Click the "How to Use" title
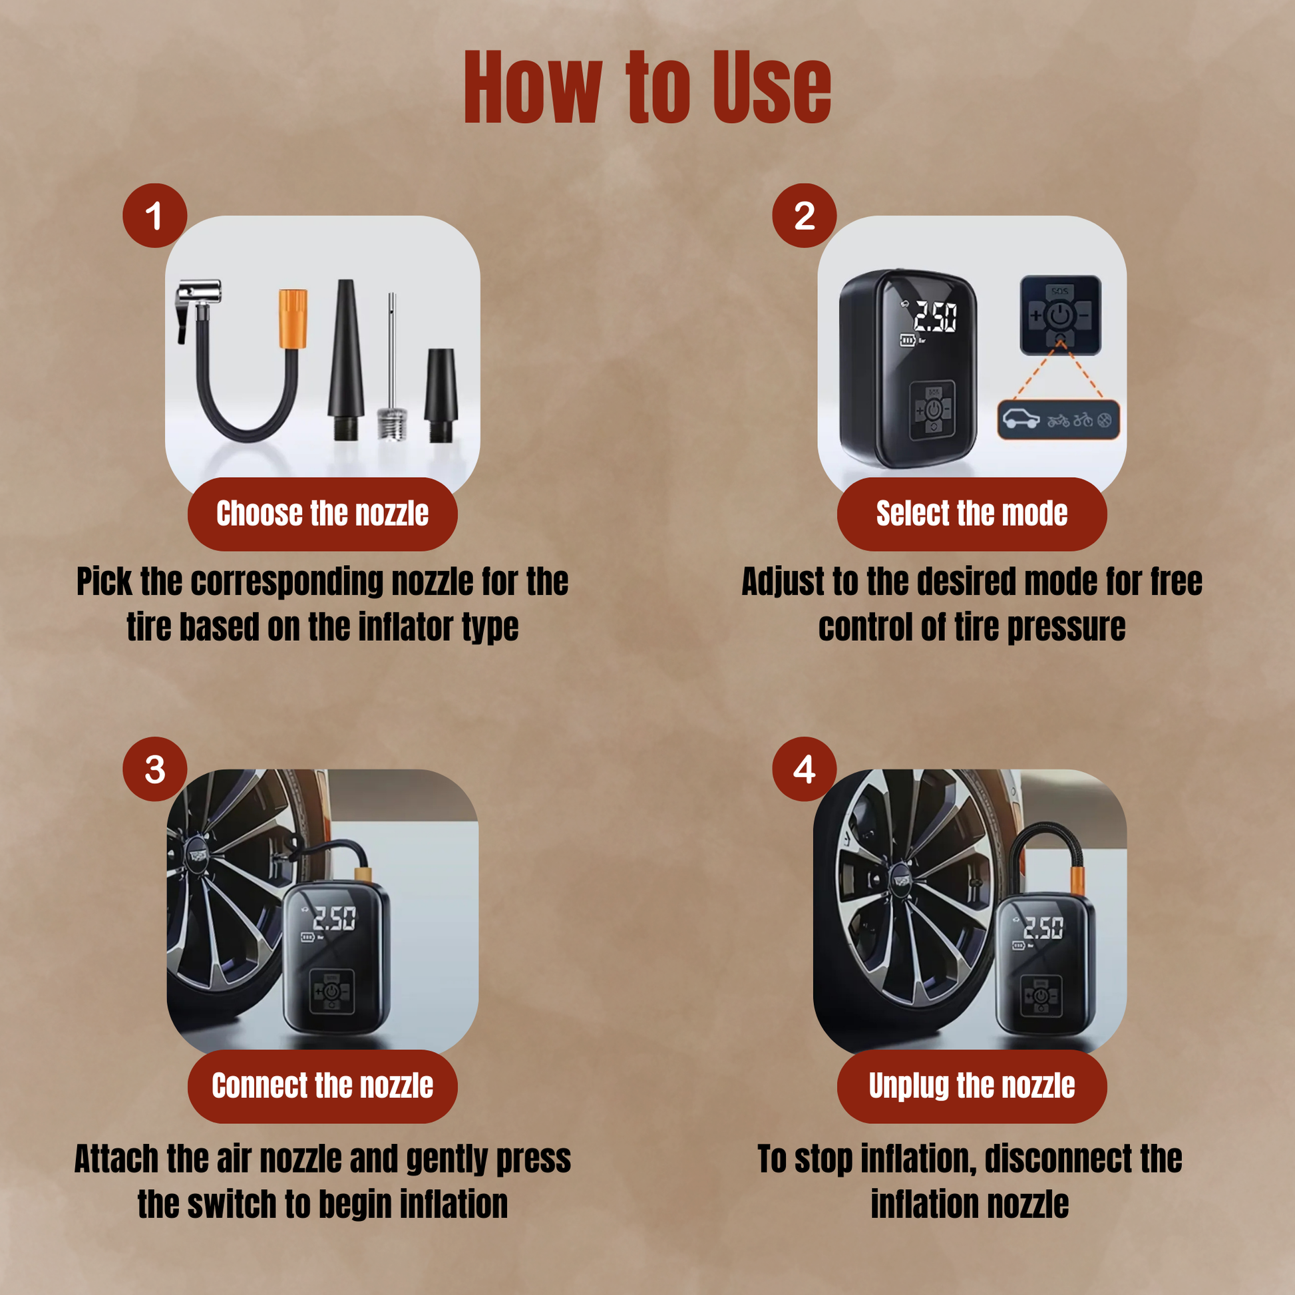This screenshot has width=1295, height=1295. tap(647, 87)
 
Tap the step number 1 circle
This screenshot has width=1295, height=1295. tap(155, 215)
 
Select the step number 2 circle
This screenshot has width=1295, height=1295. tap(805, 215)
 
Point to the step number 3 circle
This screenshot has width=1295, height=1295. tap(155, 769)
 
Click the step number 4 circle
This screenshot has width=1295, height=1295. tap(805, 769)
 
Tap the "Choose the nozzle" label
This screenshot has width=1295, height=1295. tap(322, 514)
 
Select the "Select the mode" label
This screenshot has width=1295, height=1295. tap(972, 514)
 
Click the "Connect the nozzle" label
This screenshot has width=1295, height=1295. tap(322, 1086)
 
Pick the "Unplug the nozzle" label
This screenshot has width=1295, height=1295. tap(972, 1086)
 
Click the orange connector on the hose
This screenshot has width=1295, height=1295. tap(293, 318)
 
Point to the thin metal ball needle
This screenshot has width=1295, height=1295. tap(391, 366)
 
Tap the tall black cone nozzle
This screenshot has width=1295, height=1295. tap(346, 359)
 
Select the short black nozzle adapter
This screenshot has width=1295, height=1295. tap(441, 395)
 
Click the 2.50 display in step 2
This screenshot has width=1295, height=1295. tap(935, 315)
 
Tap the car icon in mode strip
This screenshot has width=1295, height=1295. tap(1021, 419)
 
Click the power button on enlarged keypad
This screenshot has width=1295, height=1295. tap(1059, 314)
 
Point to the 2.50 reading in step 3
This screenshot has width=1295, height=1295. tap(335, 918)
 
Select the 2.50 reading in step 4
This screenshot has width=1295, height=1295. tap(1043, 928)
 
